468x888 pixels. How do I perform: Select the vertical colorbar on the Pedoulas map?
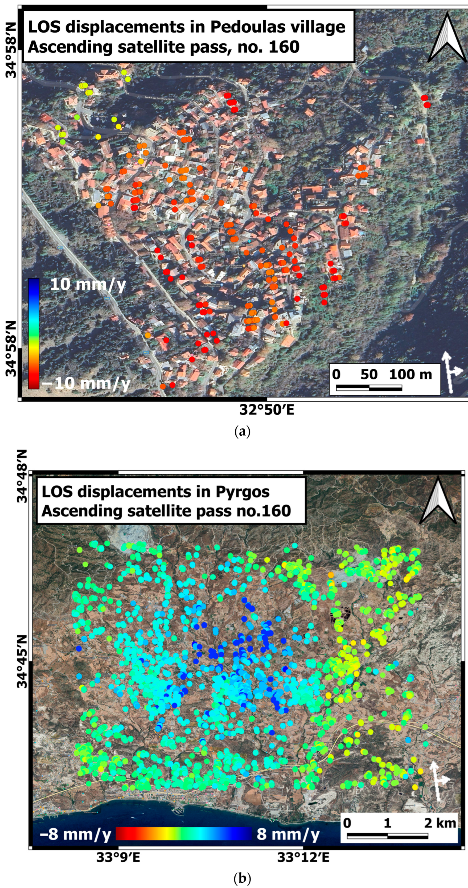[34, 333]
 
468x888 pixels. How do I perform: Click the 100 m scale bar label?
[410, 374]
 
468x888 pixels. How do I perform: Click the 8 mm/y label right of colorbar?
[288, 834]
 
